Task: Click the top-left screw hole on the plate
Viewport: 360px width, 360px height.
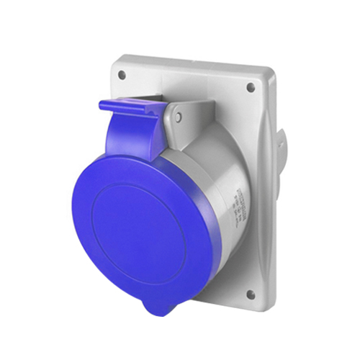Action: pos(122,74)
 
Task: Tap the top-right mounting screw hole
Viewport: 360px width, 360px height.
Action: pos(251,87)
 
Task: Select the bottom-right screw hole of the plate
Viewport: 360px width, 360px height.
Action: pos(250,294)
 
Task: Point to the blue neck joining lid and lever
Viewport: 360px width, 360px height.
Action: pos(130,140)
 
